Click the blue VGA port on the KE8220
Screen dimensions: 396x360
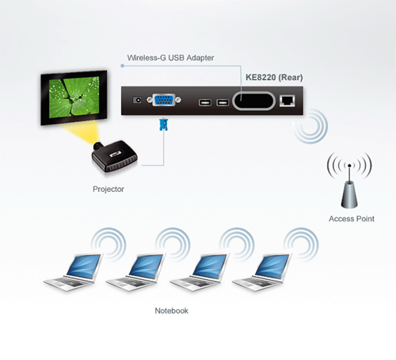click(x=164, y=100)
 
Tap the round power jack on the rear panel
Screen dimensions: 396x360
click(x=137, y=100)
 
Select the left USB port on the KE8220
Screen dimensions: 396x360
click(x=205, y=102)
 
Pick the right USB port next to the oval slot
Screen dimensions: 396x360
click(x=223, y=102)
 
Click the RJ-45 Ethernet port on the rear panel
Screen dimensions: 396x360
click(x=287, y=101)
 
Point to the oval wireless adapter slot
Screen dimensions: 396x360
click(x=253, y=101)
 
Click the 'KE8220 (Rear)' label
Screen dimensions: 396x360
click(x=274, y=78)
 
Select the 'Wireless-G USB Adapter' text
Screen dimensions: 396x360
click(x=170, y=58)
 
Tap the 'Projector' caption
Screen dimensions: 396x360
click(x=109, y=190)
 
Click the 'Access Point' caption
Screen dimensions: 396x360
click(x=352, y=219)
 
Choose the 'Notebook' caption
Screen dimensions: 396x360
click(x=171, y=311)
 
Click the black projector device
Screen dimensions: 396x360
click(x=115, y=156)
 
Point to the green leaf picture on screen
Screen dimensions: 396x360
click(x=74, y=98)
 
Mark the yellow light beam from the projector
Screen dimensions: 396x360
click(x=81, y=132)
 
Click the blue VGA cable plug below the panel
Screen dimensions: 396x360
click(x=164, y=124)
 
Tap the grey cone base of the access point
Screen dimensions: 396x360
click(x=349, y=195)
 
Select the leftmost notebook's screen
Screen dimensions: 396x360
click(x=83, y=266)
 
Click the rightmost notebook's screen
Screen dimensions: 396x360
click(x=272, y=266)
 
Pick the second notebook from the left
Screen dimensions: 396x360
click(x=135, y=272)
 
